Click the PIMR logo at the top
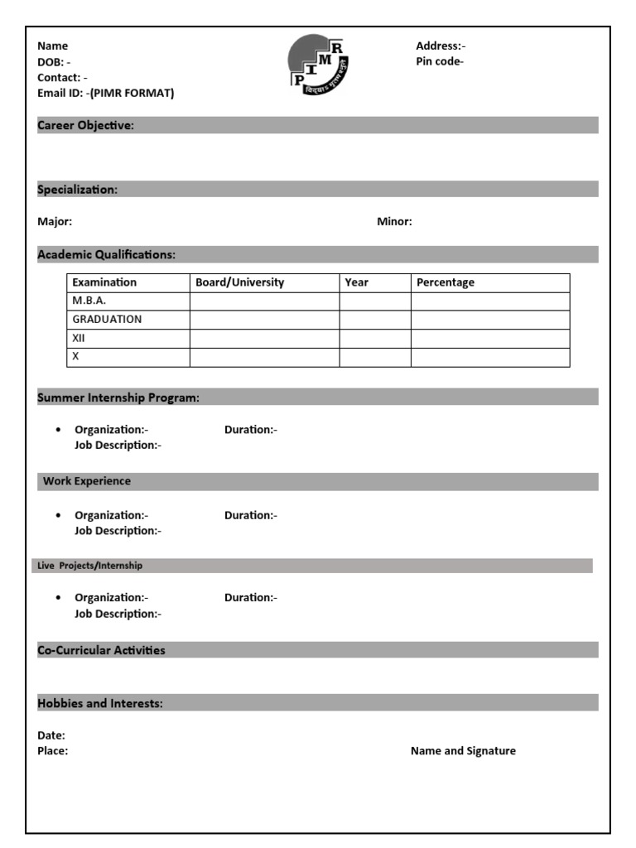(x=318, y=65)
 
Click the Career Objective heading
(x=85, y=125)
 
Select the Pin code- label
(x=439, y=61)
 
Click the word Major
(x=55, y=221)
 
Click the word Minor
(x=394, y=221)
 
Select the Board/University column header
(x=239, y=282)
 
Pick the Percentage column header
(x=445, y=282)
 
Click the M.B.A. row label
(x=89, y=301)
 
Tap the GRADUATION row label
(x=107, y=319)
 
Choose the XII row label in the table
(x=79, y=338)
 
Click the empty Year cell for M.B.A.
(x=375, y=301)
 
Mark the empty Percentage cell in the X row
(x=490, y=357)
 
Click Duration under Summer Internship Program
(x=250, y=429)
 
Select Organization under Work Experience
(x=111, y=515)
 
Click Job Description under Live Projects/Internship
(x=118, y=614)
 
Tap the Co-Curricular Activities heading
(x=101, y=650)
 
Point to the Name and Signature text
(x=463, y=751)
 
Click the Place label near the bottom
(x=52, y=751)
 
